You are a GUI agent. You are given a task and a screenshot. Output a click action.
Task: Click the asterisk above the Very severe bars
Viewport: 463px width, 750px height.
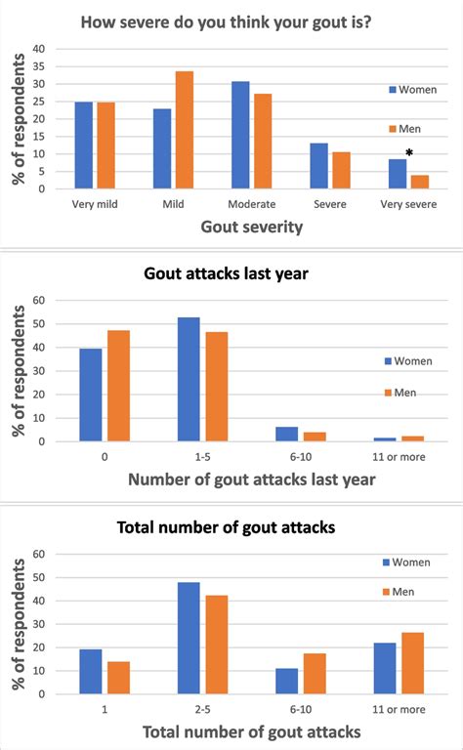coord(409,151)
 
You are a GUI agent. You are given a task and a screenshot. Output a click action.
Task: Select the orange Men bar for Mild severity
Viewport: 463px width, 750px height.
coord(184,130)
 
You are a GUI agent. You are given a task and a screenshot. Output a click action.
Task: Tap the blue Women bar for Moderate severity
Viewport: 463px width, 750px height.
coord(241,135)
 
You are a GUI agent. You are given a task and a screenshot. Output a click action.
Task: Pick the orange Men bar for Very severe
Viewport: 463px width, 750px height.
coord(419,182)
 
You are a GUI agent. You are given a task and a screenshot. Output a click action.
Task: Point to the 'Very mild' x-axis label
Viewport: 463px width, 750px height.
coord(95,204)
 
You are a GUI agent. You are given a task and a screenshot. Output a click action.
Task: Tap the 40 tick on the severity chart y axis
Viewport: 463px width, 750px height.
coord(39,48)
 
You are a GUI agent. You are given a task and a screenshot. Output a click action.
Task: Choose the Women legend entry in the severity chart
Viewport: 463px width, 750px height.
coord(409,89)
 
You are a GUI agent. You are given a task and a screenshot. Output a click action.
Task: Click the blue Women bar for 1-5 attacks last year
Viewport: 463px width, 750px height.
coord(189,380)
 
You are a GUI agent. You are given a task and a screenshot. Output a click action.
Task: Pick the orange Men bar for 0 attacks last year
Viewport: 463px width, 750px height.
coord(119,386)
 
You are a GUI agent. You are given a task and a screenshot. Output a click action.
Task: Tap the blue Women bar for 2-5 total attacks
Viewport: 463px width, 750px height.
coord(189,638)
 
